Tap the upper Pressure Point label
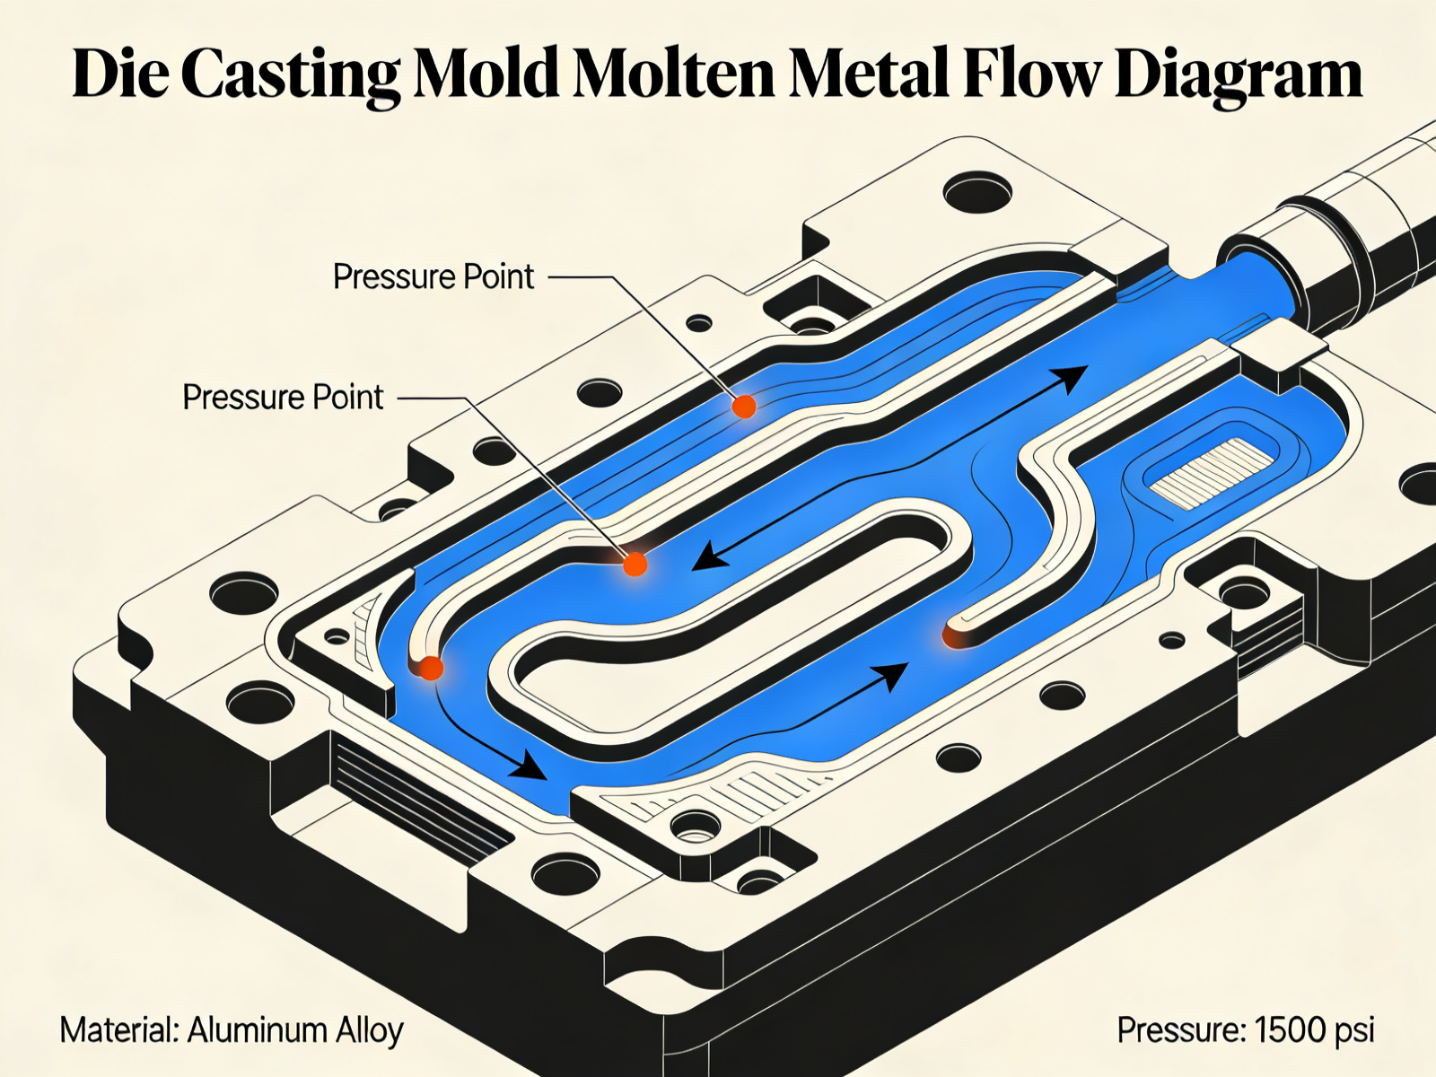click(433, 276)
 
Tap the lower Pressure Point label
click(283, 397)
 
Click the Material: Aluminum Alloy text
click(232, 1030)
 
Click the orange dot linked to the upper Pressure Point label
click(743, 407)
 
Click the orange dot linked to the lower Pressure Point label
click(635, 565)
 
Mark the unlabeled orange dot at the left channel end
click(432, 668)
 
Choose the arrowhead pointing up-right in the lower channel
click(892, 674)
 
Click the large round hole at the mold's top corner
click(976, 191)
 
